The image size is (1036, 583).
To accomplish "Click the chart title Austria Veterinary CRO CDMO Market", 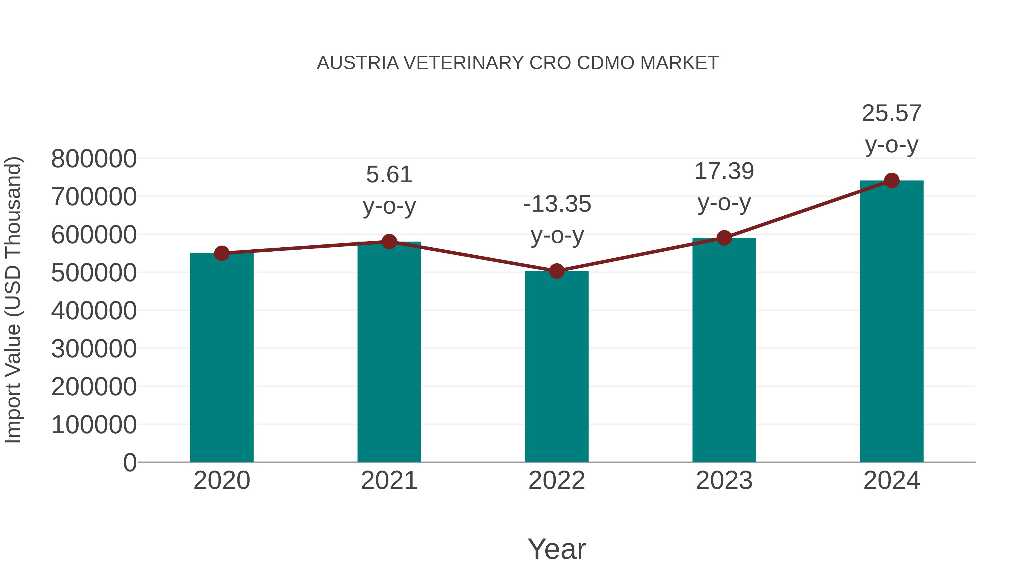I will click(x=518, y=63).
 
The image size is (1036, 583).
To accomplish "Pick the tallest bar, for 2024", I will click(x=892, y=322).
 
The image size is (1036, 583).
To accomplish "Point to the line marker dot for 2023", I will click(x=724, y=238).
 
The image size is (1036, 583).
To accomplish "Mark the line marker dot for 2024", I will click(x=892, y=181).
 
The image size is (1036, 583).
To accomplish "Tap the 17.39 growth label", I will click(x=724, y=171).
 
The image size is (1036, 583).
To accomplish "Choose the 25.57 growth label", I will click(x=892, y=113).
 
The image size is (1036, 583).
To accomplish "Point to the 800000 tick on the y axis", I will click(x=94, y=159).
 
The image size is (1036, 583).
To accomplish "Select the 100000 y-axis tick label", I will click(x=94, y=424).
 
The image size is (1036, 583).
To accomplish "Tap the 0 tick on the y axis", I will click(x=129, y=462).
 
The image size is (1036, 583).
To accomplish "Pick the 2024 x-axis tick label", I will click(x=892, y=481).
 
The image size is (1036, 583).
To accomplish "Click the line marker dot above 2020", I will click(x=222, y=253).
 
